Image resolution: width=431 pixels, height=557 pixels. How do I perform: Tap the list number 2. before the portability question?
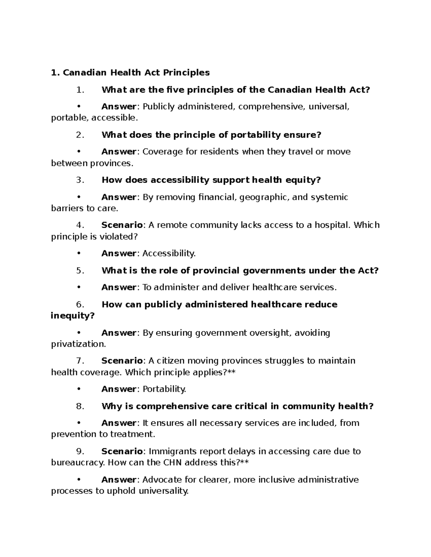pos(80,135)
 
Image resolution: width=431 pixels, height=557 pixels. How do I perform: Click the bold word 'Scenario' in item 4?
pos(122,225)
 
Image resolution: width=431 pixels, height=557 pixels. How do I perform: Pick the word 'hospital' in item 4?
pos(332,225)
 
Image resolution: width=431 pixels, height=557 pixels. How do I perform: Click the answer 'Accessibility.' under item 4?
pos(169,253)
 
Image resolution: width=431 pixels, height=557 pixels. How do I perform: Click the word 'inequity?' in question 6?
pos(73,316)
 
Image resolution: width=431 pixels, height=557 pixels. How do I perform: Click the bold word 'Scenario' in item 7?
pos(122,360)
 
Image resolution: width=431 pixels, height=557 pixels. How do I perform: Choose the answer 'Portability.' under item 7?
pos(164,389)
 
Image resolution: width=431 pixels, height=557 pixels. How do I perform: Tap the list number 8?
pos(80,406)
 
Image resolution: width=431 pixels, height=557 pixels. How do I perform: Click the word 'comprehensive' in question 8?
pos(172,406)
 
